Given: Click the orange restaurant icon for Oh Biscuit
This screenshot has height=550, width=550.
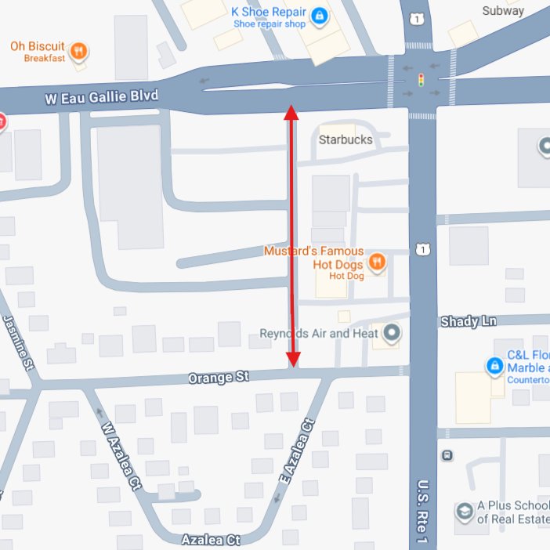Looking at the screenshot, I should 78,52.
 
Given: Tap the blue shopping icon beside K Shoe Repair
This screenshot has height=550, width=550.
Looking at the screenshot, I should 319,16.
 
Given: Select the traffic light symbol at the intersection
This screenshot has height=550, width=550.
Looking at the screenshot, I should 422,81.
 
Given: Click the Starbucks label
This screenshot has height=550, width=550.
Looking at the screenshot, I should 346,139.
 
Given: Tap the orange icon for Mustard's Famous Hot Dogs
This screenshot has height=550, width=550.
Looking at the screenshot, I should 377,262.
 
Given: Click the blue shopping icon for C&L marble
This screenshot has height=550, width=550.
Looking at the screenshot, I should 494,366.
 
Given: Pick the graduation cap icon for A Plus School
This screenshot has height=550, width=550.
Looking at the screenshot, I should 465,511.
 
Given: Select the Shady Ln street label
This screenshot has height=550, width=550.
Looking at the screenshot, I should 469,322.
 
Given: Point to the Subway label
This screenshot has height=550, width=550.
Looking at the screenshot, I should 503,11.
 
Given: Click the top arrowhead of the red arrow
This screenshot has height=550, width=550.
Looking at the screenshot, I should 291,112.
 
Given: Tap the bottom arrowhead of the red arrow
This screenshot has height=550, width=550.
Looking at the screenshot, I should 293,360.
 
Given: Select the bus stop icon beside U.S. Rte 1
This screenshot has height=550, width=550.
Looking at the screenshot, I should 447,455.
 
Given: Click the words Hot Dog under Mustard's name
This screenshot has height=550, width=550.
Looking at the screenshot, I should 346,276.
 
